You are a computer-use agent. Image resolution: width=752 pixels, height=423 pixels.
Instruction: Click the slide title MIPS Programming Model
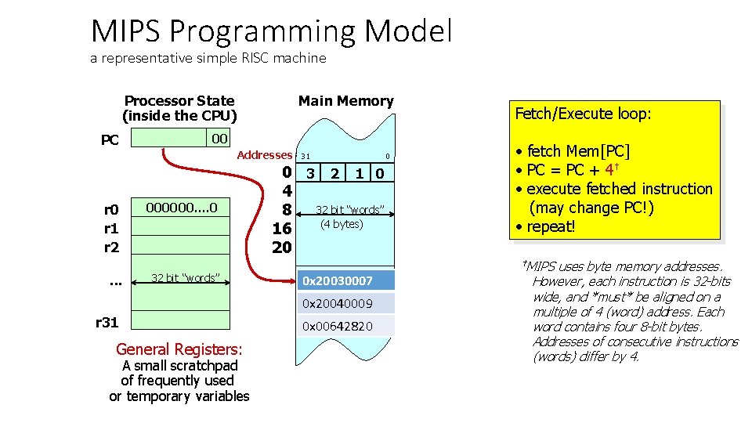click(x=271, y=31)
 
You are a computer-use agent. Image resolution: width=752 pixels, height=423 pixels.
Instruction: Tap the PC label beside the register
click(x=110, y=140)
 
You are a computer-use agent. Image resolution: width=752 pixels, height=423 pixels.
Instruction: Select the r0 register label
click(x=111, y=209)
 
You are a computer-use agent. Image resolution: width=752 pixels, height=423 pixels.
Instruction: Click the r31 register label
click(x=107, y=321)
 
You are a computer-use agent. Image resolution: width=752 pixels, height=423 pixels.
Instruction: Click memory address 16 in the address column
click(x=281, y=229)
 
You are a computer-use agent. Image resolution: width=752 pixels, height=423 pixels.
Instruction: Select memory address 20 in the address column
click(x=281, y=248)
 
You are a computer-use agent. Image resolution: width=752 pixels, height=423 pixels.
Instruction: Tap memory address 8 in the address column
click(x=287, y=210)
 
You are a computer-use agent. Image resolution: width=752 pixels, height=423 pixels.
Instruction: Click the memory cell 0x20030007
click(x=345, y=280)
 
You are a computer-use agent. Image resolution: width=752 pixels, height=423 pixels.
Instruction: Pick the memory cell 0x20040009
click(x=345, y=303)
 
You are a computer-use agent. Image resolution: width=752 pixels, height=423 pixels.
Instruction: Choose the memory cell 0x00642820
click(x=345, y=326)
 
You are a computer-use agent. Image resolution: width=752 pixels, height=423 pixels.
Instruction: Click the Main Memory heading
click(x=345, y=101)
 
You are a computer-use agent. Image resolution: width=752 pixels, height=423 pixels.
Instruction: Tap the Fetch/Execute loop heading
click(x=583, y=114)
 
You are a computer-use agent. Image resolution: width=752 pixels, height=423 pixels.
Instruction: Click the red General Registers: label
click(x=179, y=349)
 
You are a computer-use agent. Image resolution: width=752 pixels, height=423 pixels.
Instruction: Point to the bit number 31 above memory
click(x=305, y=156)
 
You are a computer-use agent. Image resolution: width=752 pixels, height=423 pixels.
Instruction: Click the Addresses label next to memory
click(x=264, y=155)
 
